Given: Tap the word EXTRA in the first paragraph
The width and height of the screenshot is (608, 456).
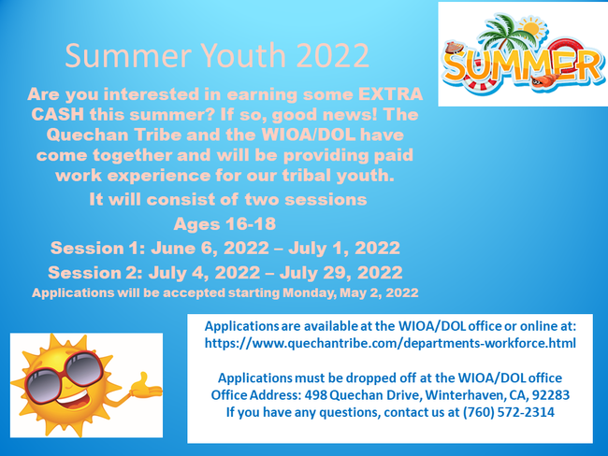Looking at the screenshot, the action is coord(390,94).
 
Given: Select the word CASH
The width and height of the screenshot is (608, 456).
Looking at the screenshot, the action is coord(57,114).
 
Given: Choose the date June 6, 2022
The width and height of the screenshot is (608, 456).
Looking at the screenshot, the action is coord(210,249).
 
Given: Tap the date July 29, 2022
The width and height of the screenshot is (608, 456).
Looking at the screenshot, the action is coord(340,273).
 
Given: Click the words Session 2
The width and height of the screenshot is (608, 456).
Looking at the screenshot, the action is coord(95,273).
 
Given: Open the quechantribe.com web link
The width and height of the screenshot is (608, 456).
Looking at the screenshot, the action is coord(390,343).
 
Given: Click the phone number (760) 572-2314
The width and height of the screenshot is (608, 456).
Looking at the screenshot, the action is coord(508,412).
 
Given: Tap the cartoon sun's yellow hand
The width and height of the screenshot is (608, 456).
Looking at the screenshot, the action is coord(146,387).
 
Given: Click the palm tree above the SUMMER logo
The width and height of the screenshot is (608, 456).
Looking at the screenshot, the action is coord(501,32).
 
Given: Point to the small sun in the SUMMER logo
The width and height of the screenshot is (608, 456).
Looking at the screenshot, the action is coord(531,29).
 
